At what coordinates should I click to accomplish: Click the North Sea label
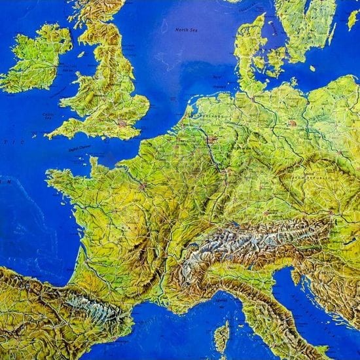(x=189, y=29)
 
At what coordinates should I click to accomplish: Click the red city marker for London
(x=122, y=122)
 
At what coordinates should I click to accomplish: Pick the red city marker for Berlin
(x=292, y=122)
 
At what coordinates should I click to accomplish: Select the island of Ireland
(x=36, y=59)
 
